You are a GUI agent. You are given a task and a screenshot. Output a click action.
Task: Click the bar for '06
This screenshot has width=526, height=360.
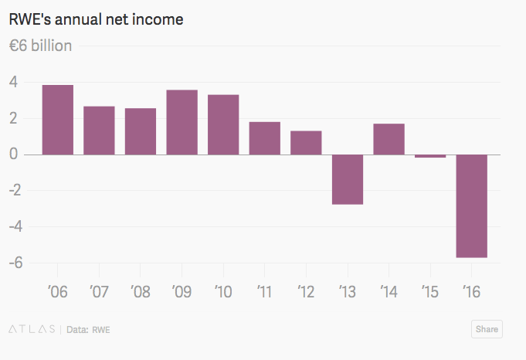pos(58,120)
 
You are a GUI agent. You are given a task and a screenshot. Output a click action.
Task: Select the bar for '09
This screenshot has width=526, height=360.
pos(182,122)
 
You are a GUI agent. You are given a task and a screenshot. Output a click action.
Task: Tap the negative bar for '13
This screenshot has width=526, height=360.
pos(348,179)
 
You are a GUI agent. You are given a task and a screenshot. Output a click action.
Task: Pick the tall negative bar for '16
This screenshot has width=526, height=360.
pos(471,205)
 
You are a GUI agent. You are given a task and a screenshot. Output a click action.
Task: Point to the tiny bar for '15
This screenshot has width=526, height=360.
pos(430,156)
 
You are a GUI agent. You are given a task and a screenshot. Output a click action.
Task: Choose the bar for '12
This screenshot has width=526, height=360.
pos(306,143)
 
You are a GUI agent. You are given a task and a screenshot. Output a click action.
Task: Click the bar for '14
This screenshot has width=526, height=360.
pos(389,139)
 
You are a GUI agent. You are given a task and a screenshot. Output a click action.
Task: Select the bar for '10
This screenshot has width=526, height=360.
pos(223,124)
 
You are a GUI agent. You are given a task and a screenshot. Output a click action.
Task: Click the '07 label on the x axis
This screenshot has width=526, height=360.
pos(99,292)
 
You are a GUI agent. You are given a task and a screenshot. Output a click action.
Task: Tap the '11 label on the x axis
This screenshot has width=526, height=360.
pos(264,292)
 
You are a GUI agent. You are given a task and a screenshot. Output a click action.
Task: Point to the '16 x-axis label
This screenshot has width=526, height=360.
pos(471,292)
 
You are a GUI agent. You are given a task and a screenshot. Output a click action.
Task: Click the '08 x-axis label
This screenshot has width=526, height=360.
pos(140,292)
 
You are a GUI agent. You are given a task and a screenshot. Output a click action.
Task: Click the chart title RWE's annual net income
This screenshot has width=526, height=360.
pos(96,19)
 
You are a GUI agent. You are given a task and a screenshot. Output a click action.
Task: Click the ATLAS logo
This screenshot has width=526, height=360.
pos(32,329)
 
